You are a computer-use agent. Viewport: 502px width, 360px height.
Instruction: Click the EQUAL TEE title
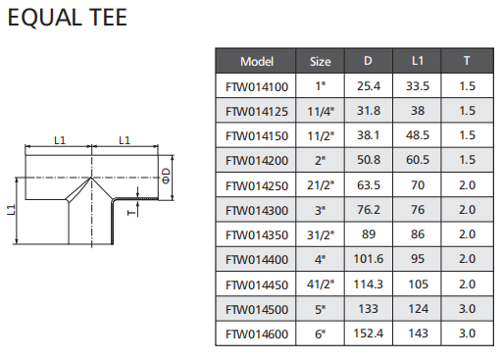68,18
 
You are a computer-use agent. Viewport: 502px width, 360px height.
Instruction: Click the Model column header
257,62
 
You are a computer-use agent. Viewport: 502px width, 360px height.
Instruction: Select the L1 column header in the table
418,61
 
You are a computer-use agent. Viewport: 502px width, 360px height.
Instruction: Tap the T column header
467,61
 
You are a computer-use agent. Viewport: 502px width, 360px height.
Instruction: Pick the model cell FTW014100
257,87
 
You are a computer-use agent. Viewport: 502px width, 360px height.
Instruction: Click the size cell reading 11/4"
321,112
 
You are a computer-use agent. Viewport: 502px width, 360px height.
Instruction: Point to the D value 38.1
369,135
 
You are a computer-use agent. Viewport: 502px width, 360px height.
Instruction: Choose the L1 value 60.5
418,160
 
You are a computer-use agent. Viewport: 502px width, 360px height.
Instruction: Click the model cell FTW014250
257,186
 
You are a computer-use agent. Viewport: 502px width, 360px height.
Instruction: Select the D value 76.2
369,210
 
